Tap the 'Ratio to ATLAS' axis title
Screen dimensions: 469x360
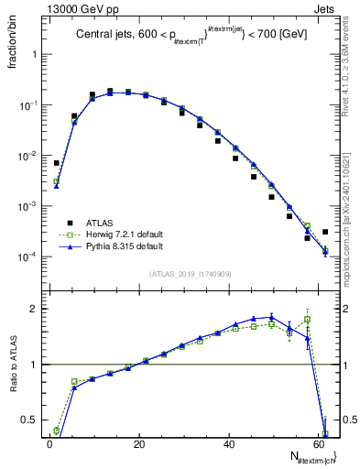[13, 366]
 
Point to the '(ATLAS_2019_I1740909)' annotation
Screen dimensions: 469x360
[189, 274]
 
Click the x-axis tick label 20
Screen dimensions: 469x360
[138, 444]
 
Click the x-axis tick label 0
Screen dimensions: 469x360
[49, 444]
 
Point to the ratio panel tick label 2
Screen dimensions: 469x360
[33, 309]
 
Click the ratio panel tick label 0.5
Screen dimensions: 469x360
[28, 421]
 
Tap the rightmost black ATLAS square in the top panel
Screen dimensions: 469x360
[325, 232]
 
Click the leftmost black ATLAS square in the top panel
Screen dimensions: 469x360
[57, 162]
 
